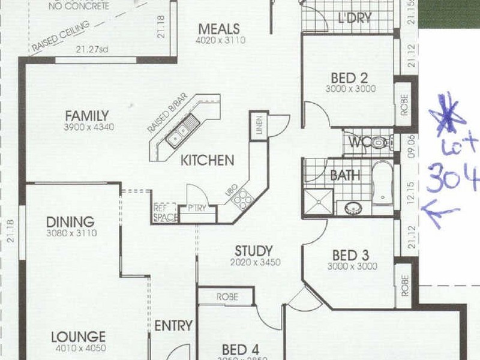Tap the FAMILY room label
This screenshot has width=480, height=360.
[87, 115]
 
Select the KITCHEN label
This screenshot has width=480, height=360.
[207, 160]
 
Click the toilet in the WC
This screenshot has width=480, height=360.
[378, 143]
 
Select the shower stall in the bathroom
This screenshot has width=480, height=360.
[318, 202]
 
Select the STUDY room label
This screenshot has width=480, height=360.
[254, 251]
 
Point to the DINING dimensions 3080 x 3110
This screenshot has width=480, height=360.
[71, 233]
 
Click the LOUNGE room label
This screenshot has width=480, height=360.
[78, 336]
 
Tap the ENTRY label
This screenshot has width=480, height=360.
[173, 326]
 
